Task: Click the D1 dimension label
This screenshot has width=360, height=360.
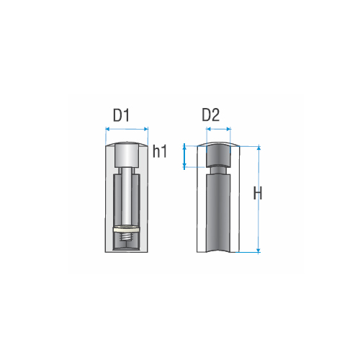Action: point(121,115)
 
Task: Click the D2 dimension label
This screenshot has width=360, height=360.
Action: point(211,115)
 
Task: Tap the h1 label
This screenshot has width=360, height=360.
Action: point(160,152)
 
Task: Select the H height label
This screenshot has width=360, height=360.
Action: point(258,193)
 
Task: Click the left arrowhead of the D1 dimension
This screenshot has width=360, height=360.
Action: point(107,129)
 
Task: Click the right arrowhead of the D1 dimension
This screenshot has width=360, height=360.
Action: point(146,129)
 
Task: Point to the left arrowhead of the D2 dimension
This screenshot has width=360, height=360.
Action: point(208,130)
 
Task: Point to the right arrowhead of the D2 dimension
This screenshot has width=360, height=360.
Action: point(229,130)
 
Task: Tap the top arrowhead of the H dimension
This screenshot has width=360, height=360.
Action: point(258,148)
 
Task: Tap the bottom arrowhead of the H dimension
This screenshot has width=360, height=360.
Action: point(258,251)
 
